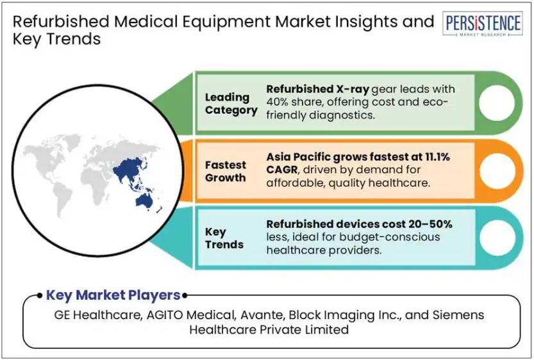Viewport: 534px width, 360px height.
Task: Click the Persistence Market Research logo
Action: point(483,24)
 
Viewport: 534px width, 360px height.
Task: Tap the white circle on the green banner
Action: point(497,102)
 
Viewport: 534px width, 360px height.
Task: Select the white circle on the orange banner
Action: point(497,170)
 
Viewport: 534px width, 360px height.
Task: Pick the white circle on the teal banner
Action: point(497,238)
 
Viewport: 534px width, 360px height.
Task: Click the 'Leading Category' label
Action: point(231,104)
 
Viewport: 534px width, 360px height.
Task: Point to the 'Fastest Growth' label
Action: point(226,171)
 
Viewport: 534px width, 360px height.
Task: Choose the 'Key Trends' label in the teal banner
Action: point(224,238)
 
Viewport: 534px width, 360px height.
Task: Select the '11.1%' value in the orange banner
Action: point(437,157)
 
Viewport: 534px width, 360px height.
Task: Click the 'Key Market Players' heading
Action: point(113,295)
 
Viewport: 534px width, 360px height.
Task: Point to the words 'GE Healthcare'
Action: point(97,315)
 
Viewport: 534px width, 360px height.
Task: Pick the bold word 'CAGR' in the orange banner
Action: point(282,170)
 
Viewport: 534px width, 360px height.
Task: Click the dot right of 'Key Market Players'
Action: point(185,296)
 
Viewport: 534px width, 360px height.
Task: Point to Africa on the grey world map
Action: point(94,184)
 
